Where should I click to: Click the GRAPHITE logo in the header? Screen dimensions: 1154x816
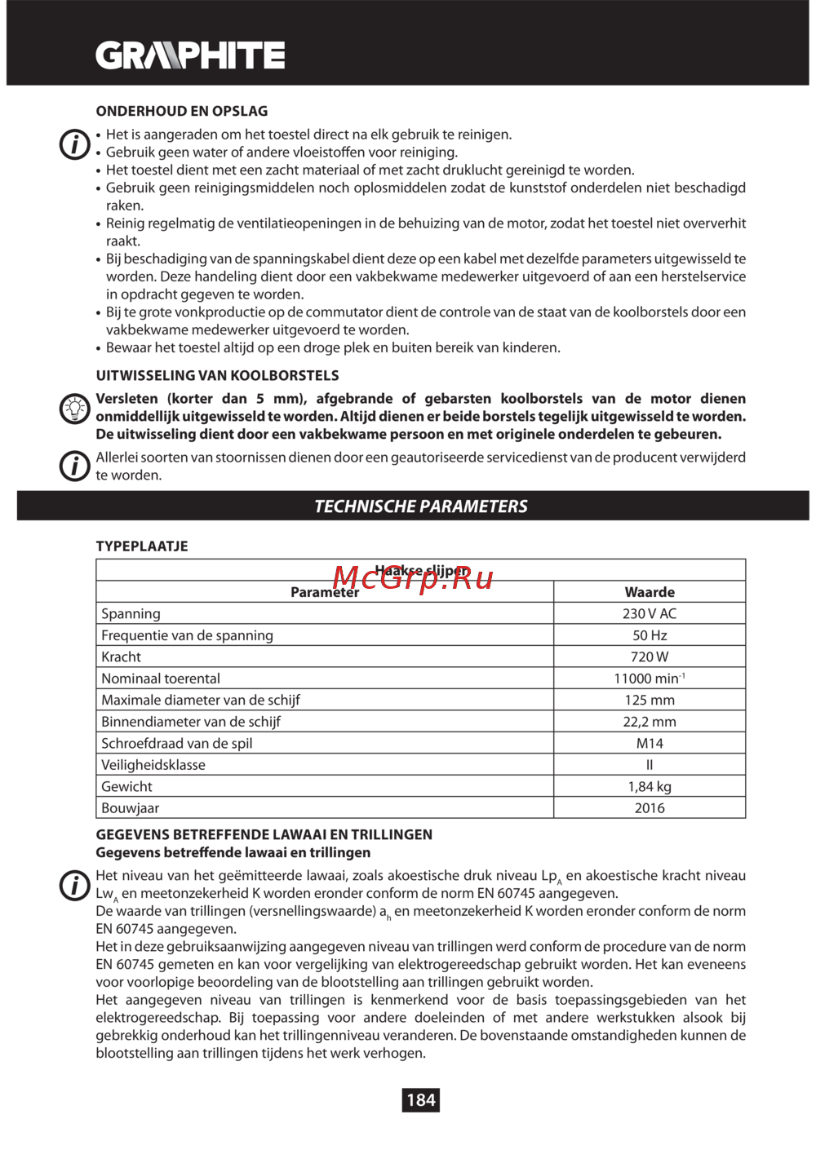pyautogui.click(x=190, y=55)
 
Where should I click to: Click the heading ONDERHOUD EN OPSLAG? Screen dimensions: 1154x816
pyautogui.click(x=181, y=111)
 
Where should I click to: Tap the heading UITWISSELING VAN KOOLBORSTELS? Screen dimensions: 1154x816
pyautogui.click(x=217, y=375)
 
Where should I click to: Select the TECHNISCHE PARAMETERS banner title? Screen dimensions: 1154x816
pyautogui.click(x=421, y=506)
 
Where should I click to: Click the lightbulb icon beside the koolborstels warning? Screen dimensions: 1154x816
pyautogui.click(x=74, y=408)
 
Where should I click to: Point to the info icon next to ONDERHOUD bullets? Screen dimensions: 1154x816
pyautogui.click(x=74, y=144)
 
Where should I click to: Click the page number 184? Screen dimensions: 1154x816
pyautogui.click(x=421, y=1100)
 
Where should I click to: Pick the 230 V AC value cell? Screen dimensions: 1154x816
pyautogui.click(x=650, y=614)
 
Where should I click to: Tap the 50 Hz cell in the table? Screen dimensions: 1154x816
pyautogui.click(x=650, y=635)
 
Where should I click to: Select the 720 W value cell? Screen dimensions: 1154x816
pyautogui.click(x=650, y=657)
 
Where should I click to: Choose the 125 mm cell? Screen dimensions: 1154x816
pyautogui.click(x=650, y=701)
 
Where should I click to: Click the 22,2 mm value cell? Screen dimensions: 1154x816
pyautogui.click(x=650, y=722)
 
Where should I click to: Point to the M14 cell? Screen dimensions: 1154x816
pyautogui.click(x=650, y=744)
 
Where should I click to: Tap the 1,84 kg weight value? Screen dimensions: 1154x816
pyautogui.click(x=650, y=787)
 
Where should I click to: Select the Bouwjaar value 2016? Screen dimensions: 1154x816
pyautogui.click(x=650, y=808)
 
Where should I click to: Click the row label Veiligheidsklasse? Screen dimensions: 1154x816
pyautogui.click(x=153, y=765)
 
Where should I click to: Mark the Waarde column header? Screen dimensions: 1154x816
pyautogui.click(x=650, y=592)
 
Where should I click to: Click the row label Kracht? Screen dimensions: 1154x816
pyautogui.click(x=122, y=657)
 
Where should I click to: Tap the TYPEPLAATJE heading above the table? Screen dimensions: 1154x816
pyautogui.click(x=142, y=546)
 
